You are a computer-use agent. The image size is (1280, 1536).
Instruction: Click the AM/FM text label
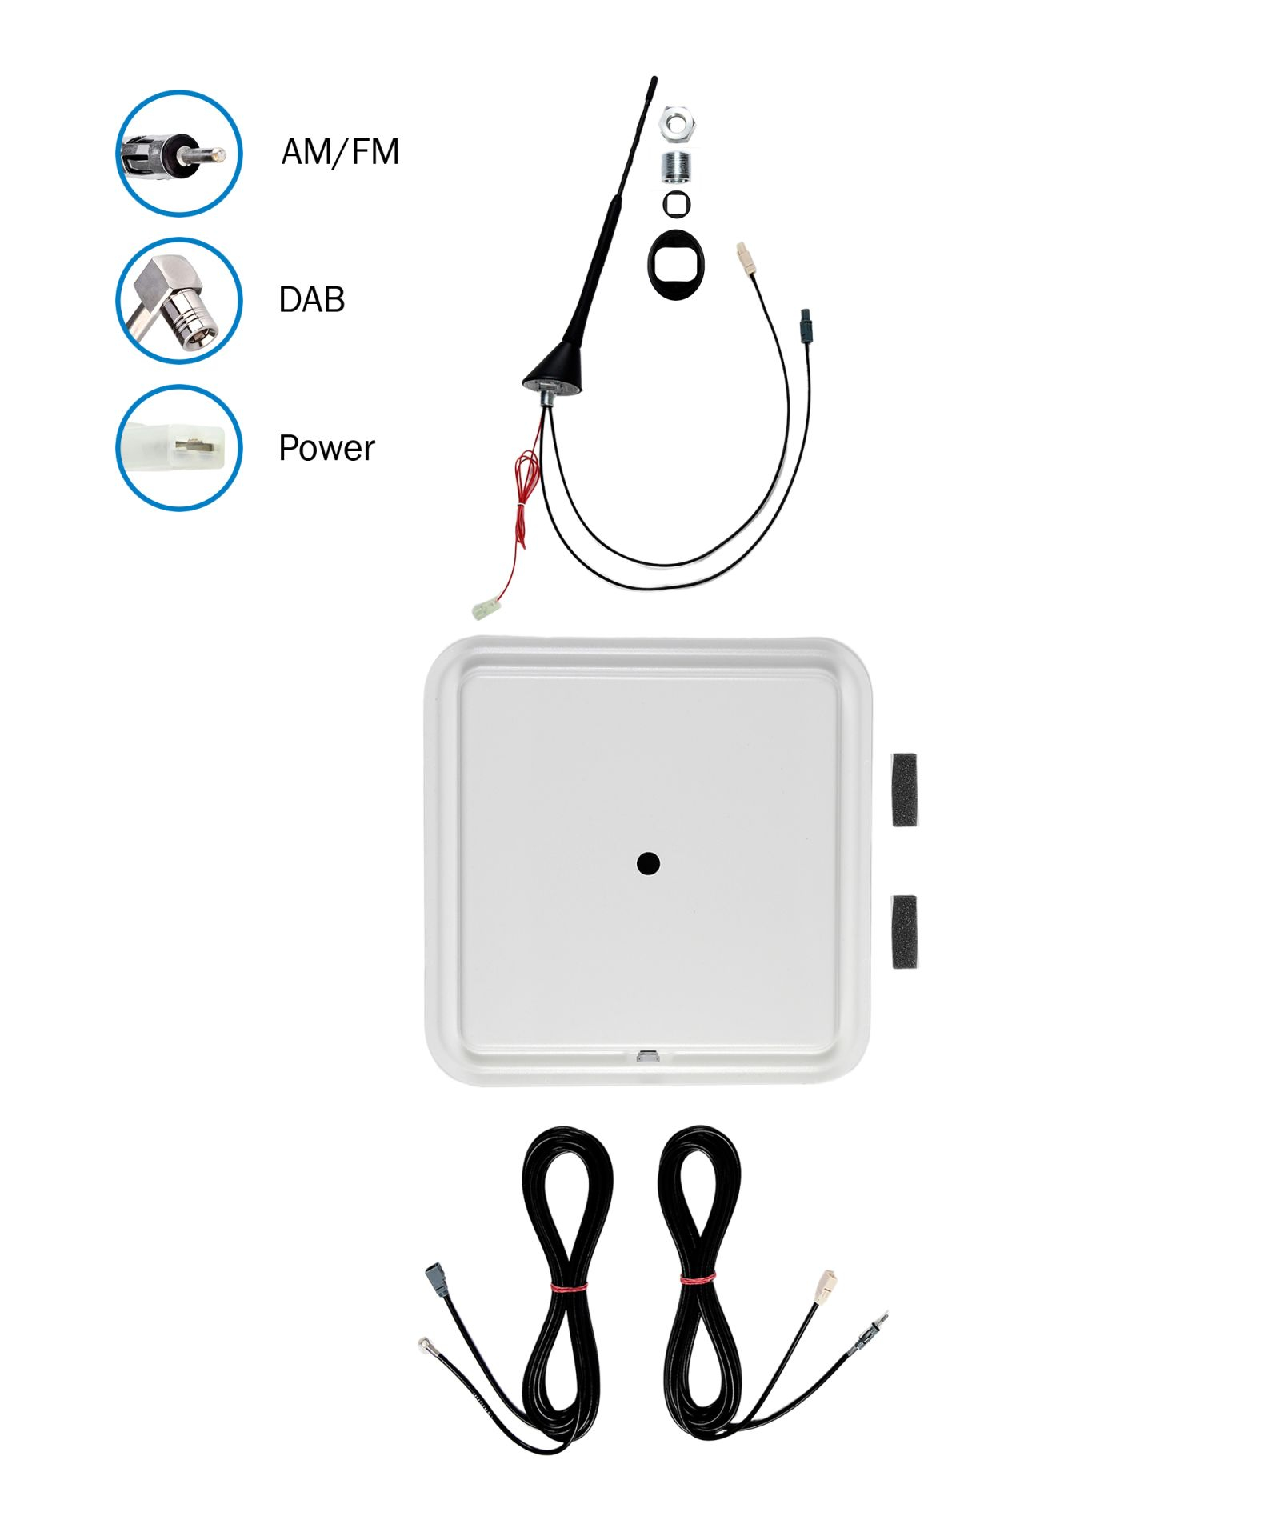(340, 152)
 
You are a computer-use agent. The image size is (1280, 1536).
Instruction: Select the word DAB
(312, 300)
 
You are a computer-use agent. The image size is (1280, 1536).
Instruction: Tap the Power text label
(326, 448)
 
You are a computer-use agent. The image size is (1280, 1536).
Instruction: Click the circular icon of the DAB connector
(179, 300)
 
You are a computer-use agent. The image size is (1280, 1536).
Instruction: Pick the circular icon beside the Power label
(179, 448)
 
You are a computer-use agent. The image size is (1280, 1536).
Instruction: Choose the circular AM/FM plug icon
(179, 153)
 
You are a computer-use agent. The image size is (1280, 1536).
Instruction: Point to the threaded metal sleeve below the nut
(677, 166)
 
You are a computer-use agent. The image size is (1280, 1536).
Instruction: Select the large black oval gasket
(676, 265)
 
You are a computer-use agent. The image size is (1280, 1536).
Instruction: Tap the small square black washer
(677, 203)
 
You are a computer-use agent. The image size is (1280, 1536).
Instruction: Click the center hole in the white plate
(648, 863)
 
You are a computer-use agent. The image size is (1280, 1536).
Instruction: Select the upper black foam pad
(904, 790)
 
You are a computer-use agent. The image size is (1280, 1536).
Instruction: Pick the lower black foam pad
(904, 932)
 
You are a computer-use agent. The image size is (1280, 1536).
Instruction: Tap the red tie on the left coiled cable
(569, 1286)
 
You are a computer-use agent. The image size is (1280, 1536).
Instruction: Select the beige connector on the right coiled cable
(825, 1286)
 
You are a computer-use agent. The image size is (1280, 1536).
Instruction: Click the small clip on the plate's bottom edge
(648, 1056)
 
